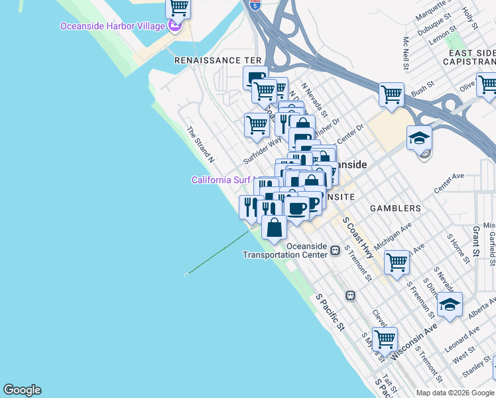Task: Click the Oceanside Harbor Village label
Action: coord(111,27)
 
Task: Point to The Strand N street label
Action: coord(201,145)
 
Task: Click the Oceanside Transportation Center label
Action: coord(285,250)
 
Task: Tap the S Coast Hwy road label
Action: coord(358,237)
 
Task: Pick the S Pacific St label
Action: coord(331,312)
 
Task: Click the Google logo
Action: coord(22,390)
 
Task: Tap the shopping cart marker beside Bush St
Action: coord(391,95)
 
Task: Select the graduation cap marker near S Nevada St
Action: coord(450,305)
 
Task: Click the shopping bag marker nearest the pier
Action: coord(275,228)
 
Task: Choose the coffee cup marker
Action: coord(296,208)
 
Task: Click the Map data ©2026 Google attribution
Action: coord(455,393)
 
